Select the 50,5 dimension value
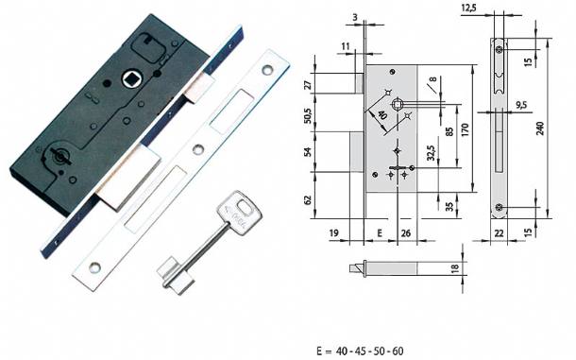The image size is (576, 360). click(308, 114)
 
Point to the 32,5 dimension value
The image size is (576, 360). click(432, 153)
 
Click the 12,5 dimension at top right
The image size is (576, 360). click(468, 8)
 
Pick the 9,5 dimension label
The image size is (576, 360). click(521, 105)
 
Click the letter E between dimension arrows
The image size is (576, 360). click(380, 232)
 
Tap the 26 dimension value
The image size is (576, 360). click(406, 232)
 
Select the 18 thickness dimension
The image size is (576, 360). click(455, 267)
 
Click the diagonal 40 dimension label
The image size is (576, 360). click(382, 115)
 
